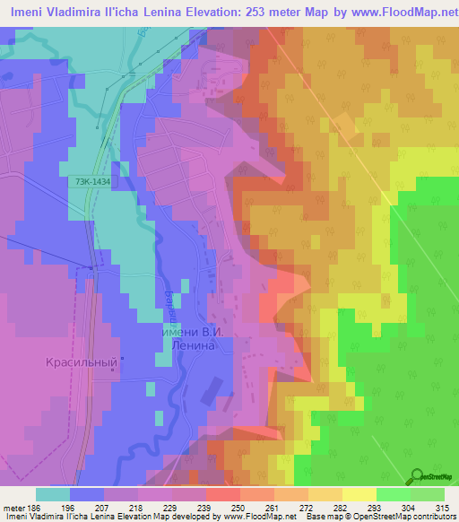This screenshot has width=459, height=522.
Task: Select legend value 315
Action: [x=442, y=508]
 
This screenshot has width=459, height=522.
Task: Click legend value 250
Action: [x=238, y=508]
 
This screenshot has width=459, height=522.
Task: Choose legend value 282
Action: [x=341, y=508]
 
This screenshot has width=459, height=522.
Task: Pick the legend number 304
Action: [x=408, y=508]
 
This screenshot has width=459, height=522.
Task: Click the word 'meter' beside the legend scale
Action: [x=13, y=508]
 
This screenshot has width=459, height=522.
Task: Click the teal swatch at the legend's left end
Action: [x=52, y=494]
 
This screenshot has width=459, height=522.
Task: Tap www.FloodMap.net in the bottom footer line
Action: [x=257, y=518]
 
